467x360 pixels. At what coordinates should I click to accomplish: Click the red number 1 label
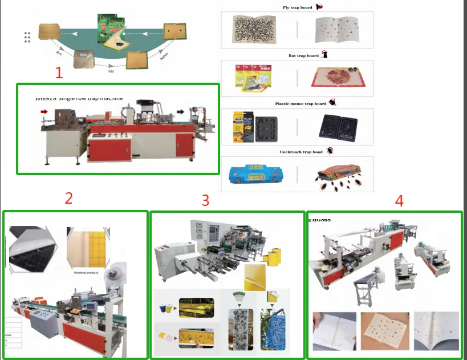58,72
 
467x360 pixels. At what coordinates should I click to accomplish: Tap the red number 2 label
68,198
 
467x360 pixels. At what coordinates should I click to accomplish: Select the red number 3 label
205,200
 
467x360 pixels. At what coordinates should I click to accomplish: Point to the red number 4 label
399,200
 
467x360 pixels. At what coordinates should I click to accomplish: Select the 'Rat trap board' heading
304,55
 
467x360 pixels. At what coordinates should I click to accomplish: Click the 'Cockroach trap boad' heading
300,152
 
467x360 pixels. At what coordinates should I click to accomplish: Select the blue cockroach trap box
256,177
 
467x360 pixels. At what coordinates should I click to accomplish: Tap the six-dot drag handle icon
27,37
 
